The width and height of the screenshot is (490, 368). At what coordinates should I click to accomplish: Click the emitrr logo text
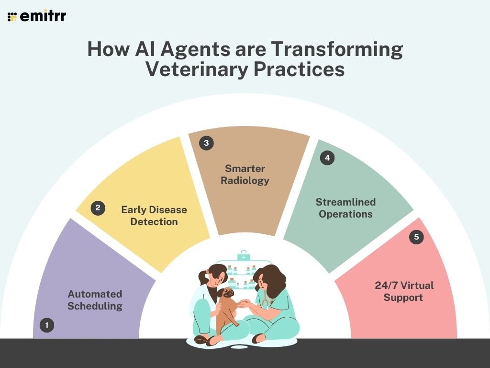tap(43, 16)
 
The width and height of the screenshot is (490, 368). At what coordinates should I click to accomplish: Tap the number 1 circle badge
tap(47, 326)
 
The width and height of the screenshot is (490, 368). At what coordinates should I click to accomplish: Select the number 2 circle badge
tap(98, 208)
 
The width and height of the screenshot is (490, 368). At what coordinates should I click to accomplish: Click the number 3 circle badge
tap(206, 143)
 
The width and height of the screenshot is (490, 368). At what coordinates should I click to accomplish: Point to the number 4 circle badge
tap(327, 158)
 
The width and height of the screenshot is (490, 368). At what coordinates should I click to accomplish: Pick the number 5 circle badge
tap(416, 237)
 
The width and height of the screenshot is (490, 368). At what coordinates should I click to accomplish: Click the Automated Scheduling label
tap(95, 300)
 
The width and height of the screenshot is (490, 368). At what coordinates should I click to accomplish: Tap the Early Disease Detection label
tap(154, 216)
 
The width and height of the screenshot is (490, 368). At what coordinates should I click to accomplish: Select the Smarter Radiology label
tap(247, 174)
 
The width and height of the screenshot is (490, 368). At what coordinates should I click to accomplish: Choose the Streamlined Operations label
tap(345, 207)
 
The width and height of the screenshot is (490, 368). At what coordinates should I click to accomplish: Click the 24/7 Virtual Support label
tap(404, 291)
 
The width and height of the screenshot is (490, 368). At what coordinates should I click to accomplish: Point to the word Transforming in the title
tap(337, 49)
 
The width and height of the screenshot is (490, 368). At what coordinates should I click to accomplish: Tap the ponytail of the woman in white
tap(203, 276)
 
